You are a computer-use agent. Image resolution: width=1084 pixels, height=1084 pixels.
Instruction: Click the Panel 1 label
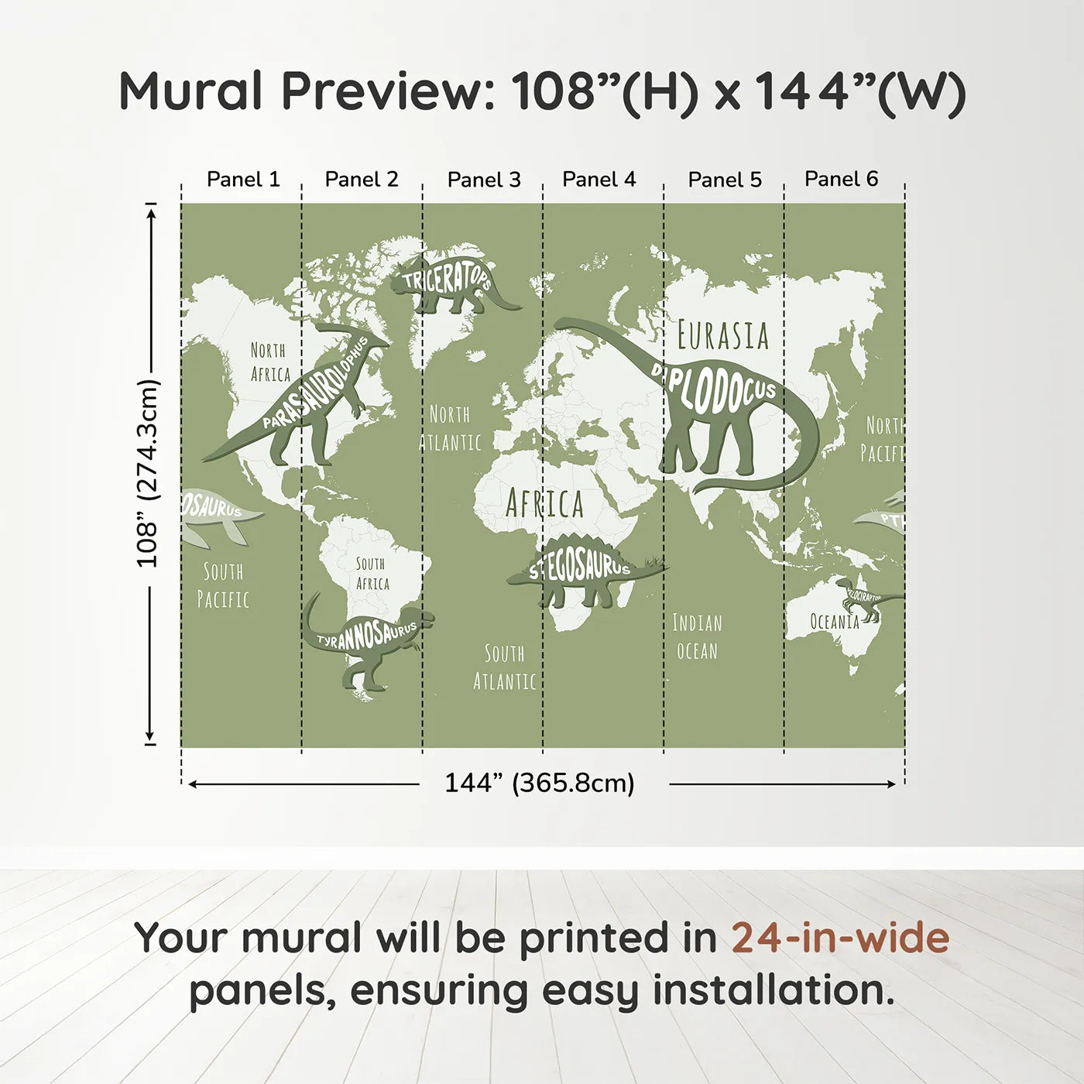point(243,180)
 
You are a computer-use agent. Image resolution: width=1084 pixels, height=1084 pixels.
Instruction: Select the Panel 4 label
point(599,180)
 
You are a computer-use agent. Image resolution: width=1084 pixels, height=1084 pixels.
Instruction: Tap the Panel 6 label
point(841,180)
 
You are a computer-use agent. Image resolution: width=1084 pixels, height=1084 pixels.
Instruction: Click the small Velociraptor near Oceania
point(863,599)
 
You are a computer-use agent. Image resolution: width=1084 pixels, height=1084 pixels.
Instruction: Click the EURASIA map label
point(723,336)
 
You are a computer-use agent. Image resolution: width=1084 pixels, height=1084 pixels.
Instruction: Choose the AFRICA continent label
point(544,504)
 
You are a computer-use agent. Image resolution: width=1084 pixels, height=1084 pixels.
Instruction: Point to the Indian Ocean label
point(697,636)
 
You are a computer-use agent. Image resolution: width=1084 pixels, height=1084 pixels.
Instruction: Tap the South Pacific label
point(223,585)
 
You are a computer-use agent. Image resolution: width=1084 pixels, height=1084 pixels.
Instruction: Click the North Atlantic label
point(451,428)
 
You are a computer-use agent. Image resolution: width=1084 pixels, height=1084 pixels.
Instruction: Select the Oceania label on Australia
point(834,622)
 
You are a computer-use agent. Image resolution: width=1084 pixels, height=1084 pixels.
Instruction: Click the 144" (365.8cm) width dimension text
point(539,784)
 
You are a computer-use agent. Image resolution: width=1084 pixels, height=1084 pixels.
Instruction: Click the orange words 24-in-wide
point(840,938)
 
